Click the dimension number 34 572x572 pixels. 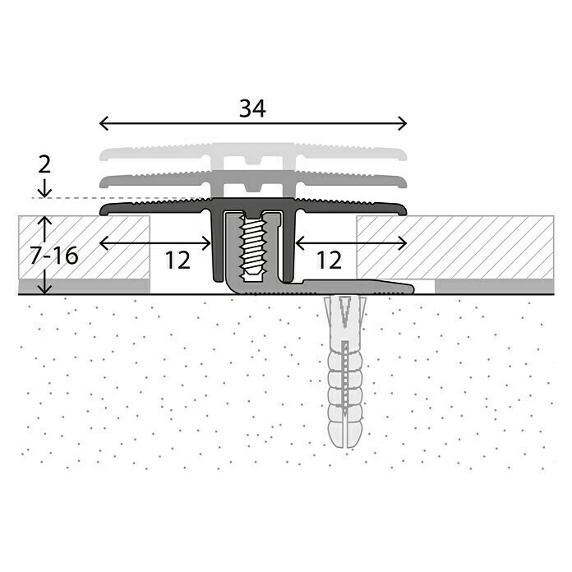[252, 108]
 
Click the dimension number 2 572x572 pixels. [44, 164]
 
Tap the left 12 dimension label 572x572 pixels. [177, 260]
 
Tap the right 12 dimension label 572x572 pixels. [328, 260]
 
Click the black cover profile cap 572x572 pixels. [148, 208]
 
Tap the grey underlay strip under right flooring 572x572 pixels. [493, 286]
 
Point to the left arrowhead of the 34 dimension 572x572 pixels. [103, 123]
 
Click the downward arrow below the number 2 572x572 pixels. [44, 190]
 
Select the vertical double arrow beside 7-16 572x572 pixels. [44, 255]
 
